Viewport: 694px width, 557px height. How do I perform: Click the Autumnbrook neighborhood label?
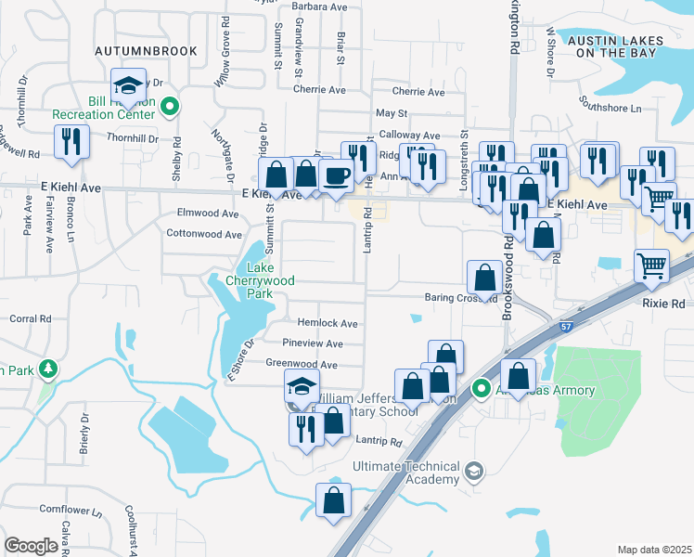(146, 51)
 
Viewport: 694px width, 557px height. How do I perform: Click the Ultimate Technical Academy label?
(406, 473)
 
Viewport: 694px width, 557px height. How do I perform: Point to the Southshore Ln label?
(610, 108)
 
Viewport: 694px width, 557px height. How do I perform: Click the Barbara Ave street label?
(318, 6)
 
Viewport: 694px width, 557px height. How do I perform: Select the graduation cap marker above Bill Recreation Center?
(128, 84)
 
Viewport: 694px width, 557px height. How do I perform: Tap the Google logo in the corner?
(31, 546)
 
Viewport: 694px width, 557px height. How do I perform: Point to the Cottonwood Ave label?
(203, 235)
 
